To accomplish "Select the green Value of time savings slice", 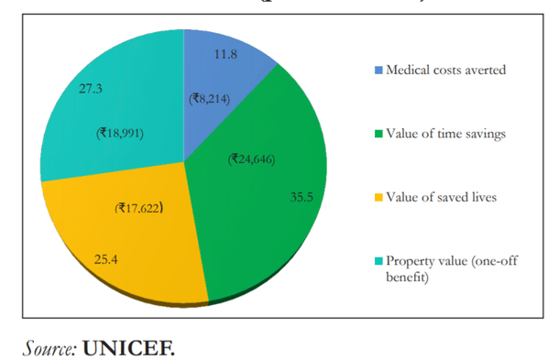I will click(275, 211).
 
